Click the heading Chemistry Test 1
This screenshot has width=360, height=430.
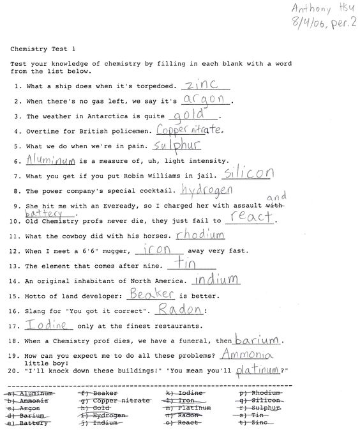pos(42,49)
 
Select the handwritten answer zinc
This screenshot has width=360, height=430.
pos(201,84)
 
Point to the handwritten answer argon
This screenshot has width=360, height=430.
pos(204,99)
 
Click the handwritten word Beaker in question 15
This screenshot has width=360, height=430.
pos(150,294)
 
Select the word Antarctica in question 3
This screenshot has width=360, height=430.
pos(101,117)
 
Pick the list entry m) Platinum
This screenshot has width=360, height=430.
pos(188,408)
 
